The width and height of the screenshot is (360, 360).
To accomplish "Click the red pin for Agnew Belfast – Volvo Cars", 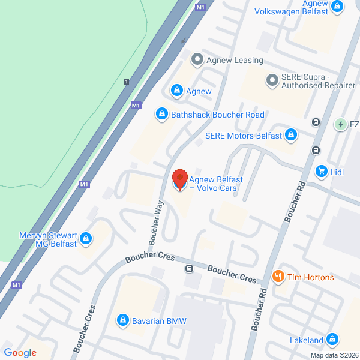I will [179, 179].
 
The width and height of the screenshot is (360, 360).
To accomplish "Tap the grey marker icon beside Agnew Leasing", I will [196, 59].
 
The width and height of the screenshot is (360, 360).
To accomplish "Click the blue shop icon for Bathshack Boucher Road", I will [161, 113].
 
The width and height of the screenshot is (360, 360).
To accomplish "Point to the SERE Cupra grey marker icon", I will [272, 79].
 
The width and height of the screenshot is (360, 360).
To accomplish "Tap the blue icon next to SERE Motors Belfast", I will [291, 135].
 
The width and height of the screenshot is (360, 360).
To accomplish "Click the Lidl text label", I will [337, 172].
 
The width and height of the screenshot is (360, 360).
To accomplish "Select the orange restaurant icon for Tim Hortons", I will [278, 277].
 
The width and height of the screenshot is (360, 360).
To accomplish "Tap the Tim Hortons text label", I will [310, 277].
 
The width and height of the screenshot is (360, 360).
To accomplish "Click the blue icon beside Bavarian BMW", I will [123, 320].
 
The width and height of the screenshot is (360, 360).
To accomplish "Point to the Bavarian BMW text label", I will [160, 321].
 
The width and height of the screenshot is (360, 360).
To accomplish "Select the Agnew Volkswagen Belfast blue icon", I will [338, 7].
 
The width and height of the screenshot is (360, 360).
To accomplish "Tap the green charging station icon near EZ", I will [340, 124].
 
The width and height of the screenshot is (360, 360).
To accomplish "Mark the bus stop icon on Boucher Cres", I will [189, 269].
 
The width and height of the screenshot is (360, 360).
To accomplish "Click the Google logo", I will [20, 353].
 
